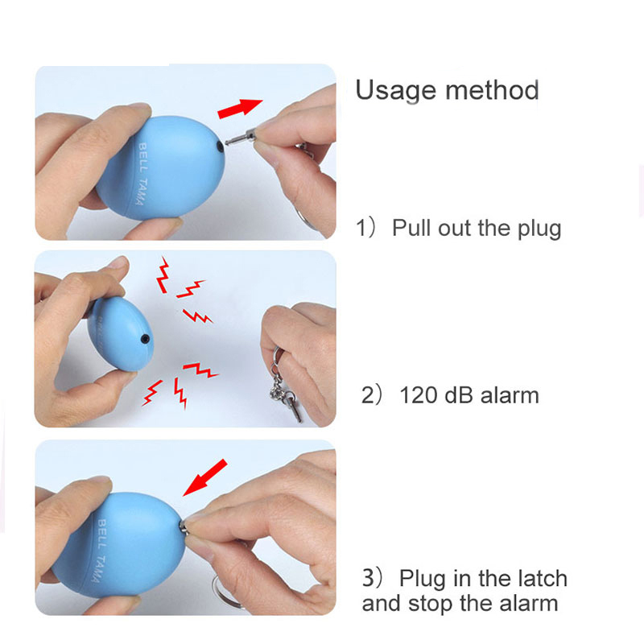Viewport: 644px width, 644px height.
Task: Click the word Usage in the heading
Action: click(x=395, y=90)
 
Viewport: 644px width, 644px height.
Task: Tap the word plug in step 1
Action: click(x=539, y=229)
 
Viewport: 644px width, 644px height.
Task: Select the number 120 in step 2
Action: click(x=419, y=395)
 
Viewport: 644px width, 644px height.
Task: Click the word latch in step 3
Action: click(x=543, y=579)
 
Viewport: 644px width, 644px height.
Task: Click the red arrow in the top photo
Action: click(x=240, y=109)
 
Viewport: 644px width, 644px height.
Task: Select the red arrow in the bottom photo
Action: click(x=204, y=477)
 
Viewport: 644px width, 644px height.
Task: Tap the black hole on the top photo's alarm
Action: click(x=220, y=146)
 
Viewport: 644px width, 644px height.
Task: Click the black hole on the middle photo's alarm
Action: click(x=145, y=339)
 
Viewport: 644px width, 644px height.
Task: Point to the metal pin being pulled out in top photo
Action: click(x=241, y=137)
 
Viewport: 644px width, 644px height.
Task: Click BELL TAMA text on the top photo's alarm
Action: click(x=141, y=174)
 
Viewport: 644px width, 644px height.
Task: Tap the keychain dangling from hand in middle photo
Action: click(x=285, y=385)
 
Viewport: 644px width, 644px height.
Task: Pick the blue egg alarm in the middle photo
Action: click(x=121, y=334)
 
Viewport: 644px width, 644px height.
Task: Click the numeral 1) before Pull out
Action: click(x=365, y=228)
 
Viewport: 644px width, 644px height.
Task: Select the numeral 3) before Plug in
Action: click(x=372, y=578)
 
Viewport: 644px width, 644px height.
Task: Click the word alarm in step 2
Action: click(x=510, y=395)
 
